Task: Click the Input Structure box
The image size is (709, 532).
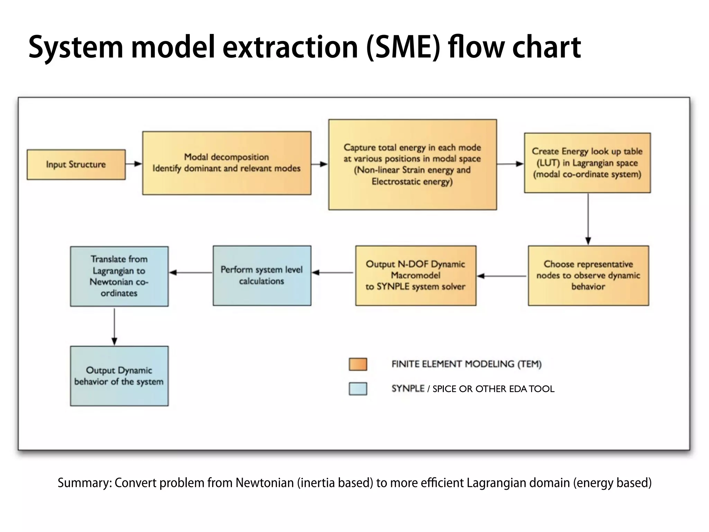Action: click(76, 165)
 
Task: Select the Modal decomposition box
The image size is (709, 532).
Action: click(227, 163)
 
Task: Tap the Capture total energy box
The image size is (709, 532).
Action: click(412, 165)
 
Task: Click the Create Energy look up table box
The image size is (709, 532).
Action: click(587, 163)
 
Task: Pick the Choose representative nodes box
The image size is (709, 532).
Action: click(588, 276)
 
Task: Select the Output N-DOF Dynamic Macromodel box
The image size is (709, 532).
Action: click(415, 276)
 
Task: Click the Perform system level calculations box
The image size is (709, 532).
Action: click(262, 276)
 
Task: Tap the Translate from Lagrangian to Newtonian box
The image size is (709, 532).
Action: click(119, 276)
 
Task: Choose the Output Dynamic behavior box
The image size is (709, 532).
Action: click(119, 376)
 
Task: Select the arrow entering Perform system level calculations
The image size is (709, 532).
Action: click(332, 273)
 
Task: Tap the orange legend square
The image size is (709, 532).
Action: click(358, 364)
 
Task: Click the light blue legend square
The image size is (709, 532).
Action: click(358, 389)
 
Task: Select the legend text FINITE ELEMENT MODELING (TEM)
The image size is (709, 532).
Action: click(466, 364)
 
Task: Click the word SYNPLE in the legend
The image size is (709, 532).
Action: click(408, 389)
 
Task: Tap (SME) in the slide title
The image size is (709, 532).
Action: click(403, 47)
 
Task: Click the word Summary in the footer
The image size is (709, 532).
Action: click(84, 483)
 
